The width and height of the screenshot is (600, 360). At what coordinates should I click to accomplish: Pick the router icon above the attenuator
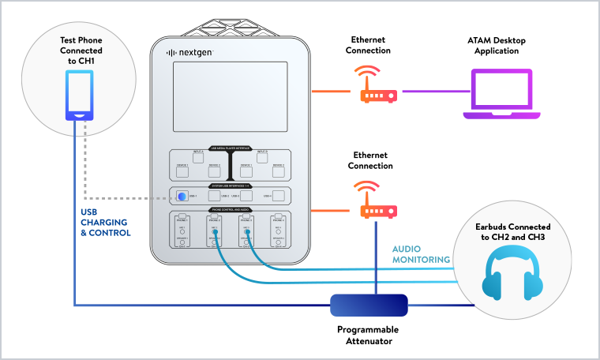(x=378, y=201)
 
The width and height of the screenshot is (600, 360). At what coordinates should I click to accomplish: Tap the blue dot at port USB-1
(x=182, y=197)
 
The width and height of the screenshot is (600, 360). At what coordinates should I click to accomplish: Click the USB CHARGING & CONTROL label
(x=105, y=222)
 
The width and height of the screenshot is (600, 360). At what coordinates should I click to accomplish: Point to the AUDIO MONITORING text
(x=422, y=253)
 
